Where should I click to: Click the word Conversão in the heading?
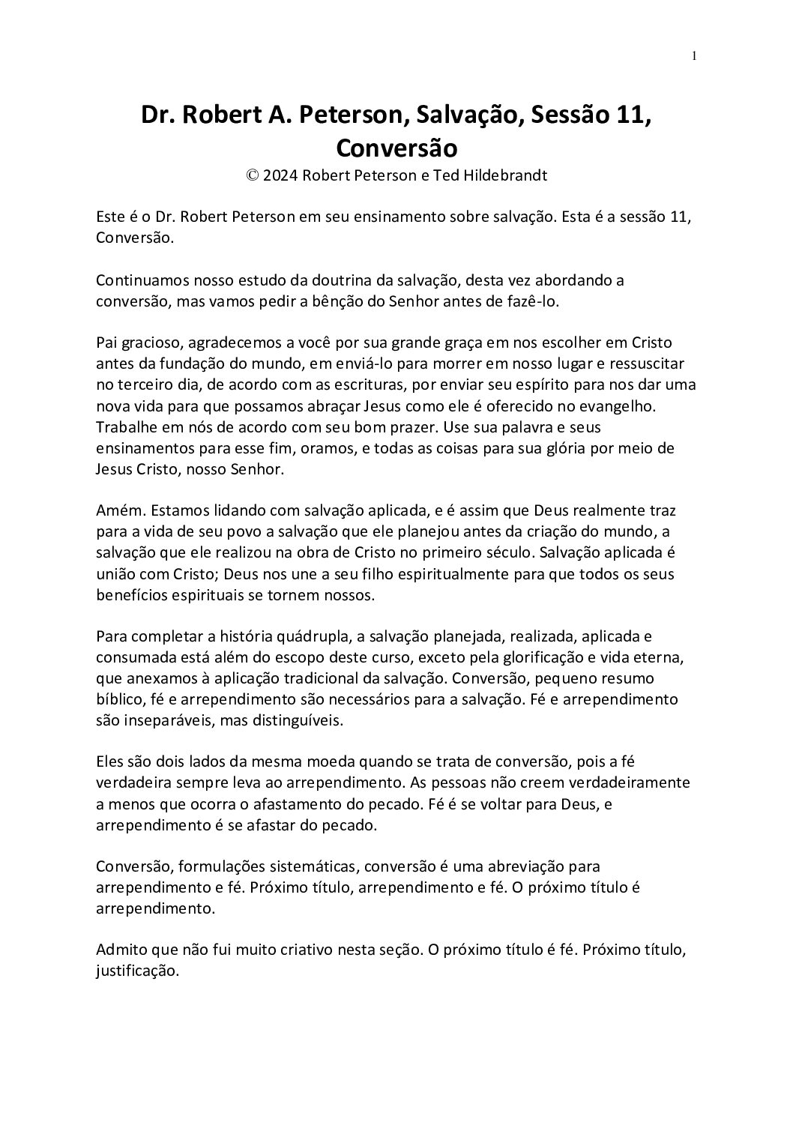(x=396, y=148)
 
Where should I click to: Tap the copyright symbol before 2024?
(x=252, y=177)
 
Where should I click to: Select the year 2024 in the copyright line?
(x=278, y=177)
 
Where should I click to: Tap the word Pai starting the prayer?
(x=107, y=343)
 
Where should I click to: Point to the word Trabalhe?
(x=124, y=427)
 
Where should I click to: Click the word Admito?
(x=121, y=951)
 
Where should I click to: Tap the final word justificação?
(x=137, y=972)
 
